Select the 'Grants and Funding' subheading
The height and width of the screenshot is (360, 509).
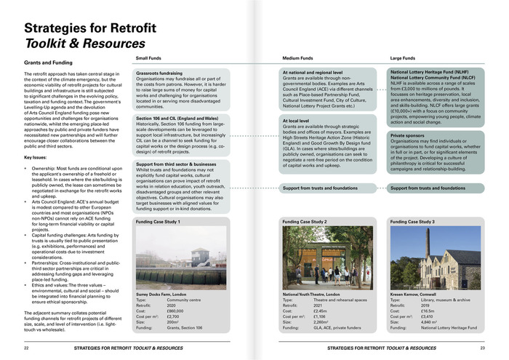48,63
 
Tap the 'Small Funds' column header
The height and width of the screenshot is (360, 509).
149,57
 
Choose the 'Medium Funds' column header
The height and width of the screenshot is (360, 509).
297,57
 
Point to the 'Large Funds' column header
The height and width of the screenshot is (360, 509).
404,57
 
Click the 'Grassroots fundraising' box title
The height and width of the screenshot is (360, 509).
161,73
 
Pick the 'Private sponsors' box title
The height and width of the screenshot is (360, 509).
408,135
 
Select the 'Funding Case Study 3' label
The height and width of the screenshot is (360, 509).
412,221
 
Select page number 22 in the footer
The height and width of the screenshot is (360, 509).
27,348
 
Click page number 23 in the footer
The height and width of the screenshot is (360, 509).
482,348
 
